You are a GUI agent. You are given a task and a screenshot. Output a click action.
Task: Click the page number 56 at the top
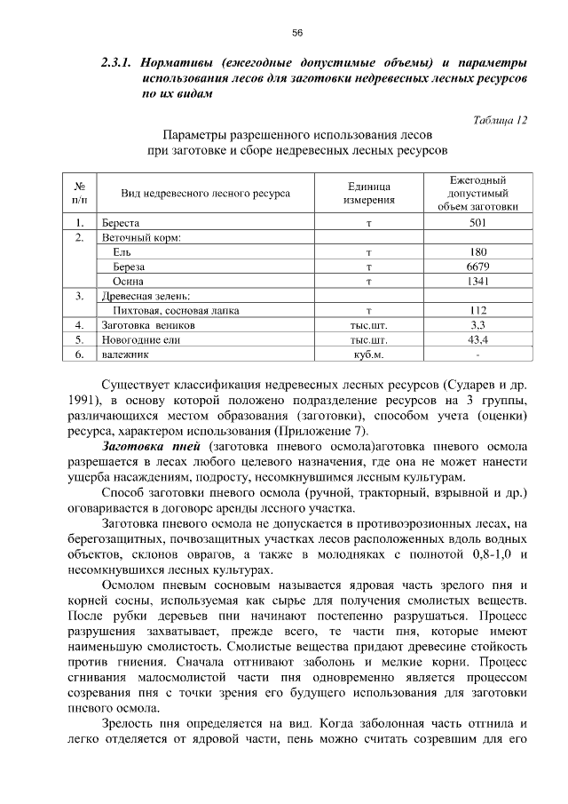(297, 33)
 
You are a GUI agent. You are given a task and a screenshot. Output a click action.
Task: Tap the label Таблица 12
(500, 120)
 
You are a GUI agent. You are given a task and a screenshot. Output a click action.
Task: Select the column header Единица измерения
(367, 193)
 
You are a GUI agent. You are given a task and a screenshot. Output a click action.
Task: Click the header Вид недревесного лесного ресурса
(205, 193)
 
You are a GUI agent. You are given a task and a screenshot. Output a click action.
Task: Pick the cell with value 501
(477, 223)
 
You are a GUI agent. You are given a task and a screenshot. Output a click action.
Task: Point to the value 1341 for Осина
(477, 281)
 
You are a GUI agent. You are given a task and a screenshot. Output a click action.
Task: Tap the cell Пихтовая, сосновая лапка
(176, 310)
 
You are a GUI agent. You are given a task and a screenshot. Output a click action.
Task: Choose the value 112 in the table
(477, 310)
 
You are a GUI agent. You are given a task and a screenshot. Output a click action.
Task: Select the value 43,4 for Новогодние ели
(477, 339)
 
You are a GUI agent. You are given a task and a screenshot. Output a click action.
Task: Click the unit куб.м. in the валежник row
(367, 354)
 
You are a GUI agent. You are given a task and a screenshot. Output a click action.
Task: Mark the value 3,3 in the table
(477, 325)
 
